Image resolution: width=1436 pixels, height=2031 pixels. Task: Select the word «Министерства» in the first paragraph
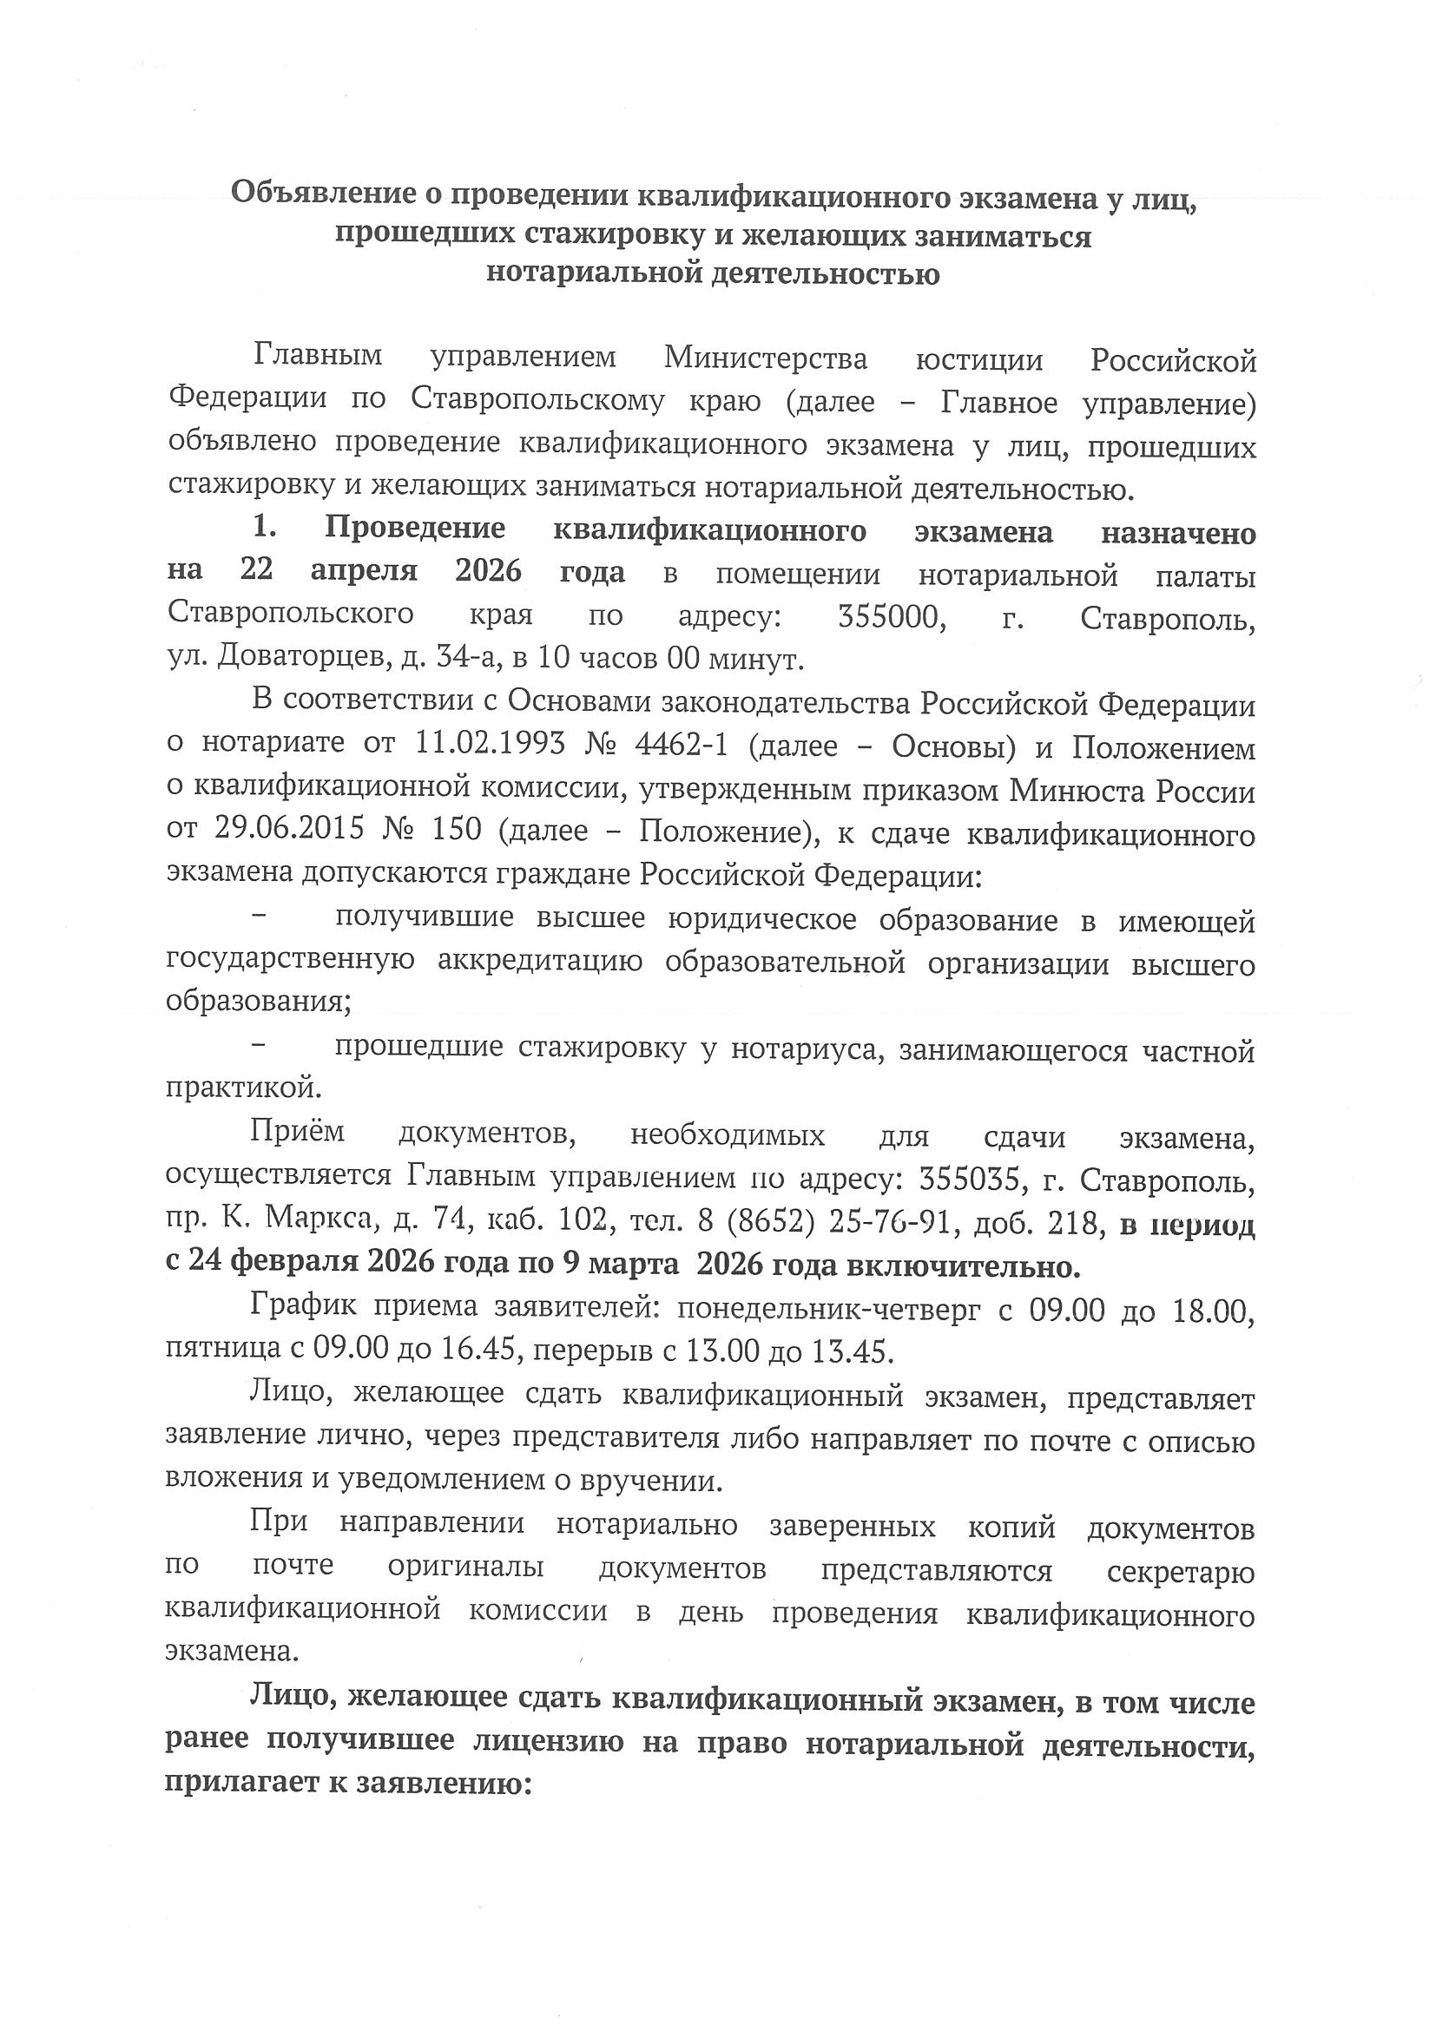click(766, 359)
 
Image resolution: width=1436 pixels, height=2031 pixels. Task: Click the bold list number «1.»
click(266, 529)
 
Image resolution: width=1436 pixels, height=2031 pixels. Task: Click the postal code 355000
click(893, 615)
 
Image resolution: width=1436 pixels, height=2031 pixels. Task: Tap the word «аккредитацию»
click(540, 962)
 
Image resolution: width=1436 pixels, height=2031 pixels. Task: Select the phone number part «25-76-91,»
click(890, 1221)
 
